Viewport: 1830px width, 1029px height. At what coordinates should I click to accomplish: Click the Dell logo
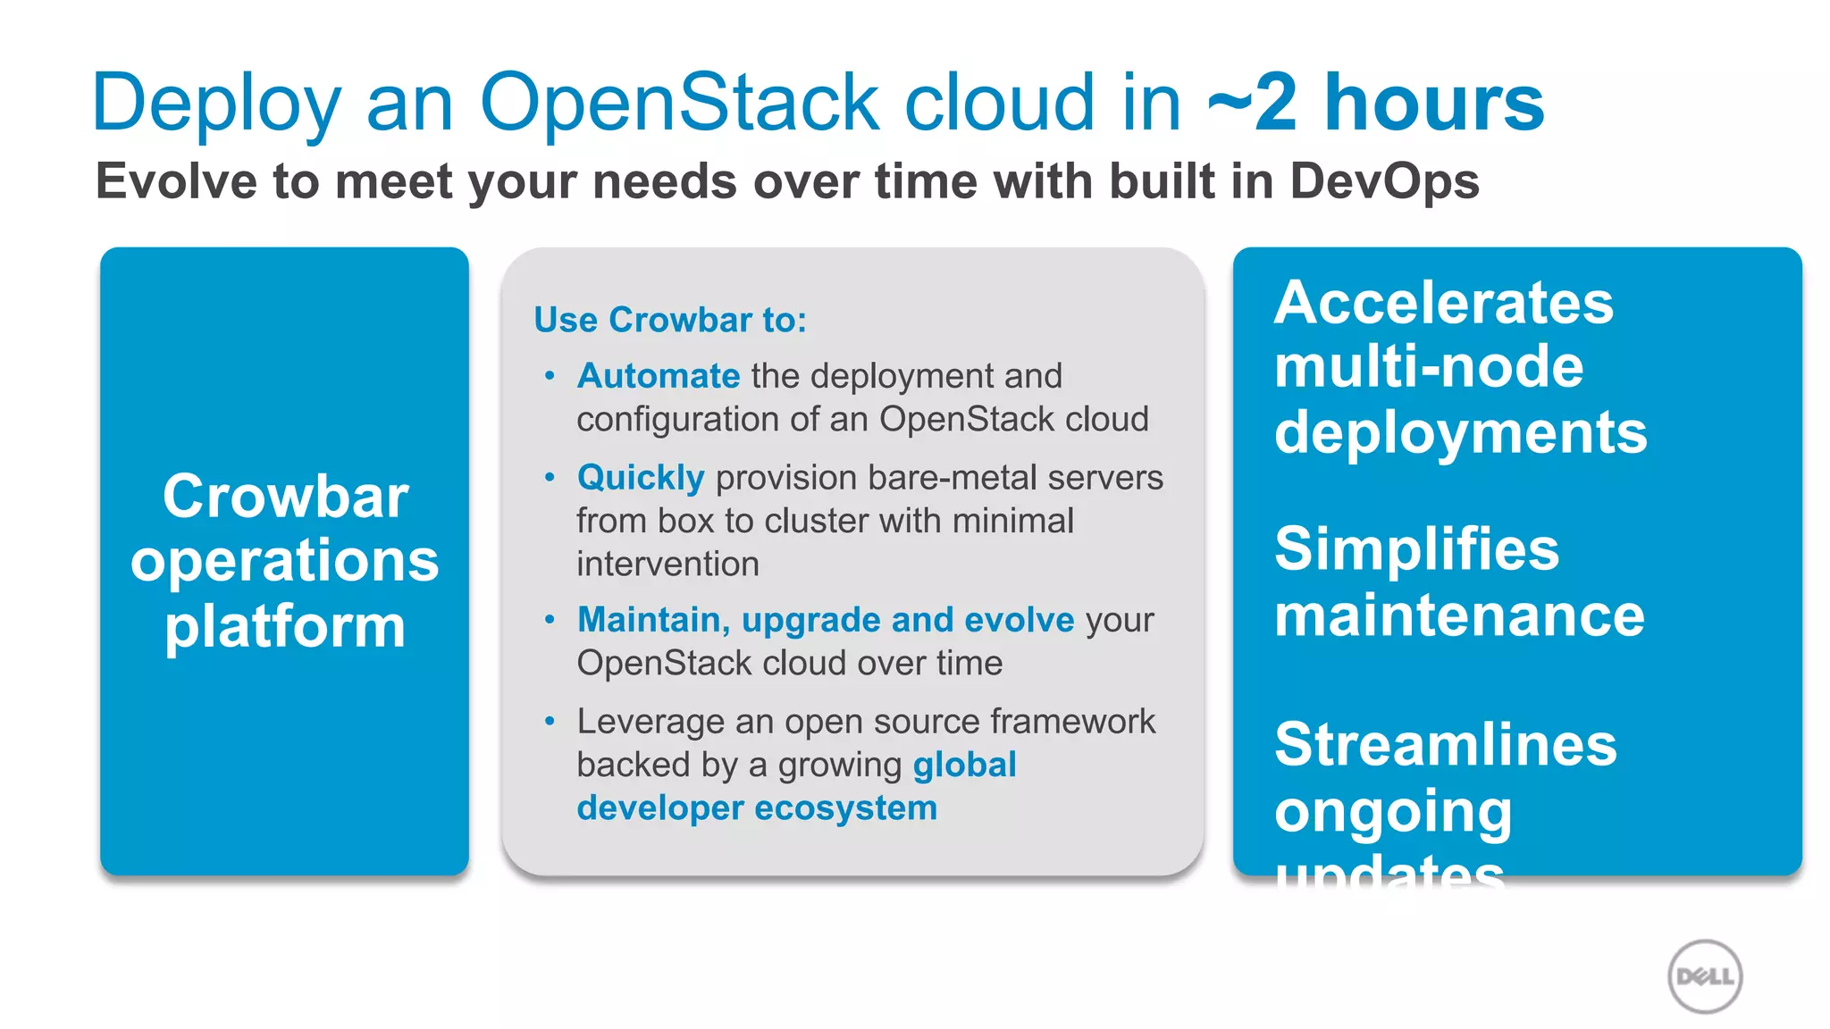pyautogui.click(x=1705, y=976)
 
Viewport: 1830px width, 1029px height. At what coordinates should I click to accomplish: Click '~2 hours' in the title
pyautogui.click(x=1376, y=103)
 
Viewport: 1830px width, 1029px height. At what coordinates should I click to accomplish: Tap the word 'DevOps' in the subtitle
pyautogui.click(x=1384, y=181)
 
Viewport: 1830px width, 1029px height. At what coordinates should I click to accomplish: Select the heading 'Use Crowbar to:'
pyautogui.click(x=670, y=320)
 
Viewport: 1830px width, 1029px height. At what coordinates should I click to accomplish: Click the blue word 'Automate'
pyautogui.click(x=659, y=376)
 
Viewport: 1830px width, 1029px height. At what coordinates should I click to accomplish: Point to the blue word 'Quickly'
pyautogui.click(x=641, y=478)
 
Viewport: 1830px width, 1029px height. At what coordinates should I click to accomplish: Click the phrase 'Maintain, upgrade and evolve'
pyautogui.click(x=826, y=620)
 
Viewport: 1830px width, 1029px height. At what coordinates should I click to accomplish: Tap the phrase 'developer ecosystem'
pyautogui.click(x=757, y=807)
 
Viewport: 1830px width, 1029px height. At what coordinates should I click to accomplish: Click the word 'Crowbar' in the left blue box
pyautogui.click(x=285, y=496)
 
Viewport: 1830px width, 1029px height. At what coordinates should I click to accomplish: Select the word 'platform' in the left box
pyautogui.click(x=285, y=626)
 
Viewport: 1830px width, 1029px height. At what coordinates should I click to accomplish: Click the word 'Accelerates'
pyautogui.click(x=1444, y=302)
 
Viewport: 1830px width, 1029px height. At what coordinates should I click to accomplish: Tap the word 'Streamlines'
pyautogui.click(x=1445, y=744)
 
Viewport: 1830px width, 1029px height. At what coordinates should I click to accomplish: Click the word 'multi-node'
pyautogui.click(x=1429, y=367)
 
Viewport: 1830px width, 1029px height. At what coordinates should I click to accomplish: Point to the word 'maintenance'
pyautogui.click(x=1459, y=615)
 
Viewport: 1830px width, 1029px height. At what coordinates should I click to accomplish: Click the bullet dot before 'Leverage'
pyautogui.click(x=550, y=720)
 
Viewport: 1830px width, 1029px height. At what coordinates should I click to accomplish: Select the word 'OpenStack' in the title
pyautogui.click(x=680, y=103)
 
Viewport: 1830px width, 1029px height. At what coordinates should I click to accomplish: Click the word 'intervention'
pyautogui.click(x=667, y=565)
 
